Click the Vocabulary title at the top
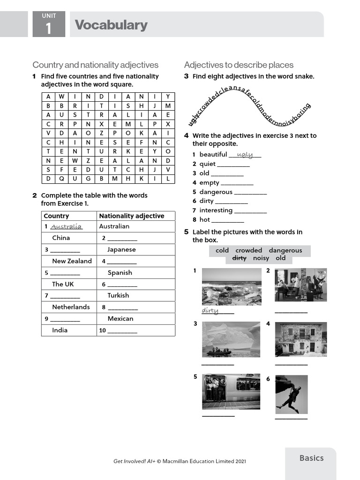click(111, 25)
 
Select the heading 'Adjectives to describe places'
click(239, 65)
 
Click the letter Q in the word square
click(61, 179)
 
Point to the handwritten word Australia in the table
click(66, 226)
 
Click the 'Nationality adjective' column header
click(132, 216)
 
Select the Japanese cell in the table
click(121, 249)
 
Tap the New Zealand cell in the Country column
click(72, 261)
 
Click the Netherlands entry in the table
click(71, 307)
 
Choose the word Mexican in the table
click(120, 318)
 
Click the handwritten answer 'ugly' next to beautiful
click(245, 154)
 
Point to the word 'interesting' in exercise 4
click(216, 210)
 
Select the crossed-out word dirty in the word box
click(239, 258)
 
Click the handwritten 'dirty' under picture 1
click(210, 310)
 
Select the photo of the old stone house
click(300, 339)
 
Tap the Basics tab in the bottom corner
click(311, 458)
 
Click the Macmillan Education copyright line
click(180, 461)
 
